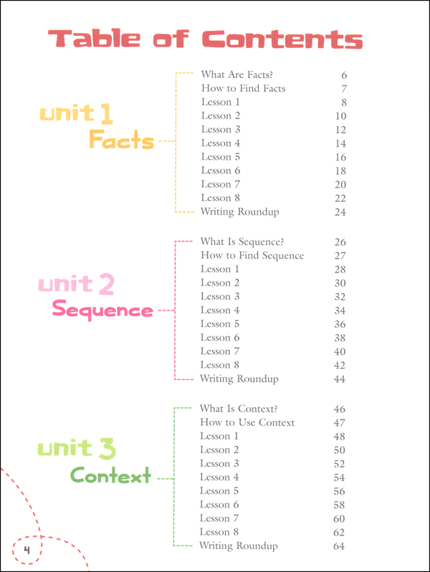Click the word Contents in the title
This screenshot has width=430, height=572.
click(282, 39)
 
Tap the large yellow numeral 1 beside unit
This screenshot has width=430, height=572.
click(105, 112)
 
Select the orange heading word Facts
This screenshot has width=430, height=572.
click(122, 140)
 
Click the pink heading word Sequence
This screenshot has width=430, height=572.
click(102, 309)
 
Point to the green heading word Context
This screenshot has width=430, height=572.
click(110, 475)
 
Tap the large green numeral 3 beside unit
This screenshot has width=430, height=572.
click(107, 448)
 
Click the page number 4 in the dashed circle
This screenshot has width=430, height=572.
click(27, 550)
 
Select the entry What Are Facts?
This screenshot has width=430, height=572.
click(236, 74)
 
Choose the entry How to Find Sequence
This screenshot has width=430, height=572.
click(252, 256)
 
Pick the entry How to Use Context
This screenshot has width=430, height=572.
click(247, 422)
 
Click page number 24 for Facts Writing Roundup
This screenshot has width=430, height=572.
click(340, 212)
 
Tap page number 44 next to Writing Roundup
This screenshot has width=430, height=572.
click(340, 379)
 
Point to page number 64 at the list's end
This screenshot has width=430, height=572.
click(339, 546)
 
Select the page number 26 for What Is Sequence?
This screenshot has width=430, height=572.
click(340, 242)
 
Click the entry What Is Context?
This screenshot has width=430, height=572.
click(239, 409)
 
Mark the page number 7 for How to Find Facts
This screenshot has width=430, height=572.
click(344, 89)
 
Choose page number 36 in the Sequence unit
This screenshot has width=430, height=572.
click(340, 324)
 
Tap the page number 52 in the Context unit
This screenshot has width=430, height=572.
click(339, 464)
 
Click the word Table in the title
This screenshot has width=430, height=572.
click(94, 39)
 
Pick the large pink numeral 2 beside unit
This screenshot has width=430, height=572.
click(106, 284)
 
